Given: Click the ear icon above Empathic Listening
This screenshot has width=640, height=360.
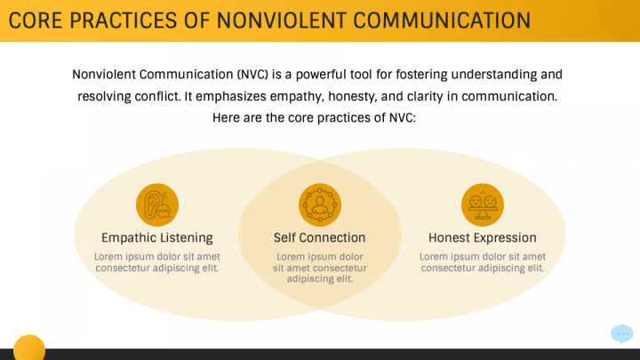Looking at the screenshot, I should click(157, 205).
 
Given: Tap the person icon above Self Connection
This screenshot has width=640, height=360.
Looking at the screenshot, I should click(319, 205).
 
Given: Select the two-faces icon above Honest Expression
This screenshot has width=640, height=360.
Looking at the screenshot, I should click(483, 205).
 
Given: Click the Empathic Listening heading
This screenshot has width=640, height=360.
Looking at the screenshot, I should click(157, 237).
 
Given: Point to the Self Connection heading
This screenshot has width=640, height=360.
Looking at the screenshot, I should click(319, 237).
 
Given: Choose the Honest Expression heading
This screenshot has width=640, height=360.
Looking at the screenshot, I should click(483, 237).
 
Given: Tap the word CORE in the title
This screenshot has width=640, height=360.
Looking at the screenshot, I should click(36, 20).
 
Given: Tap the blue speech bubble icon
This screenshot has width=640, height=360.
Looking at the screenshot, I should click(622, 334).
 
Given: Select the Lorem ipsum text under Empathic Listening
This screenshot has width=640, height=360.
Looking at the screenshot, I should click(157, 261).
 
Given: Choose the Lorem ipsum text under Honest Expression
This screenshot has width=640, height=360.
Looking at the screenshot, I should click(483, 261).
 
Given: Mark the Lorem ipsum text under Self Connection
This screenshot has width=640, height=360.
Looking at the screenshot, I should click(319, 267).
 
